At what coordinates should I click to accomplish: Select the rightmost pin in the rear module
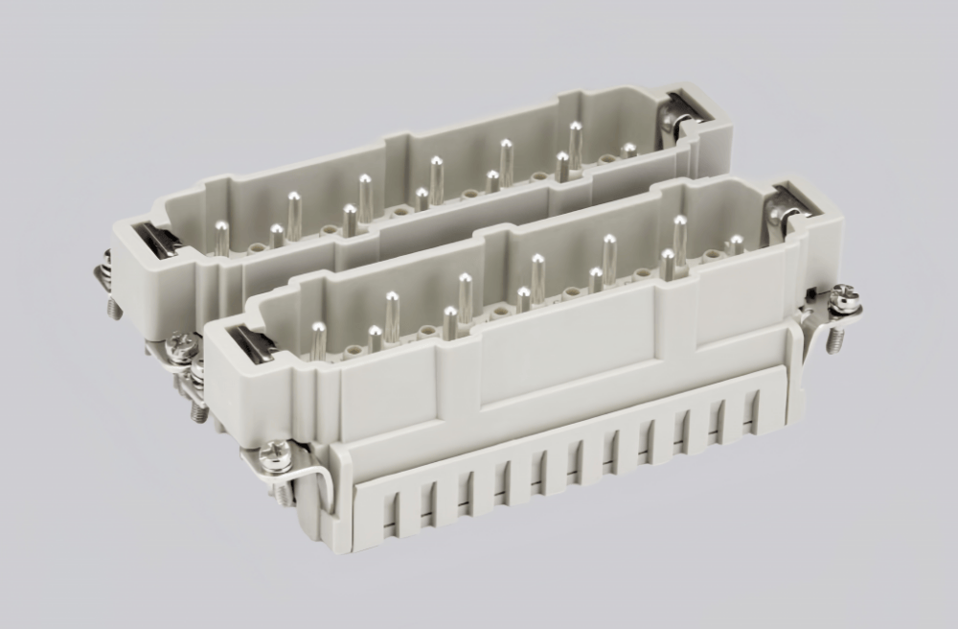(628, 151)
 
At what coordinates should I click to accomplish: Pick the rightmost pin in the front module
(736, 244)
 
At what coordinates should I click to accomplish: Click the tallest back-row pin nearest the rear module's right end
(575, 142)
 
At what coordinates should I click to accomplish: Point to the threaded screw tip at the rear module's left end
(114, 307)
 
